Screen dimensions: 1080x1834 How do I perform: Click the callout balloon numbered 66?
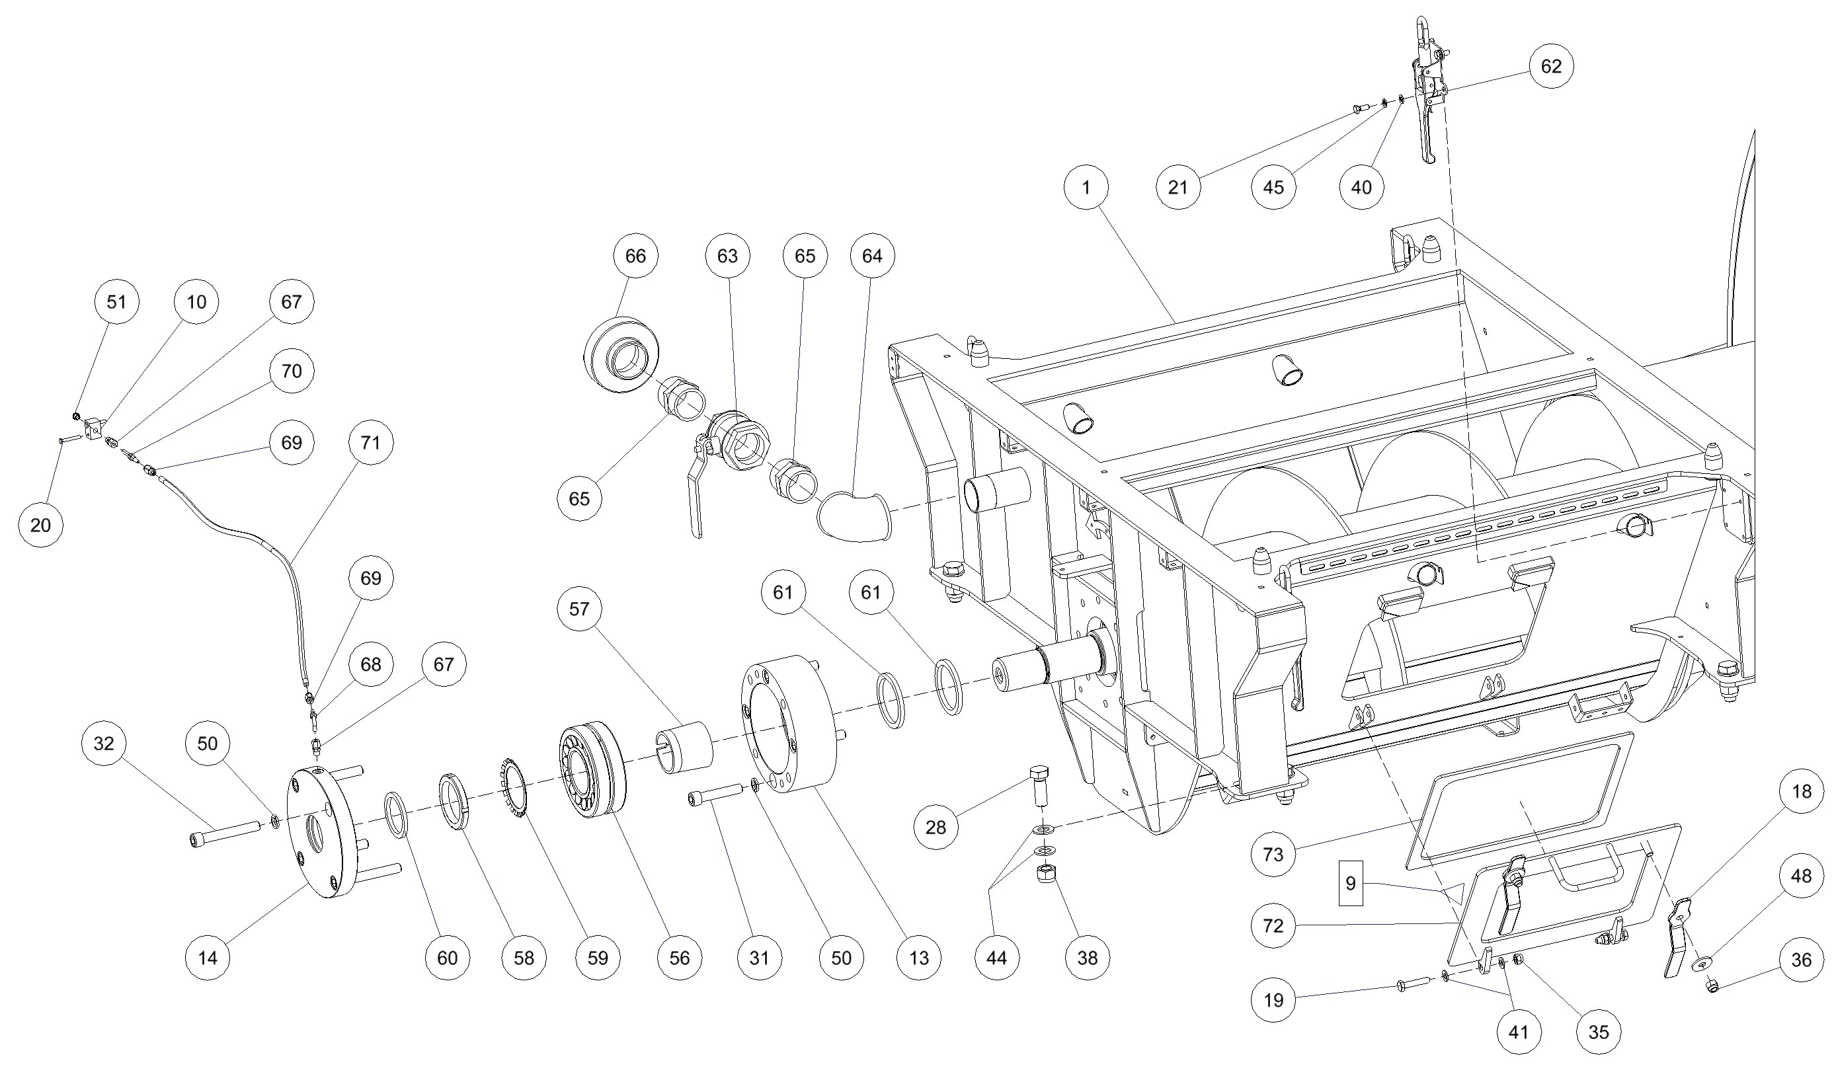pyautogui.click(x=635, y=256)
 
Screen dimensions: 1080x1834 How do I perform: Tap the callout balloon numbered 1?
pyautogui.click(x=1086, y=188)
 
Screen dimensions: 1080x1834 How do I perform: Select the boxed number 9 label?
pyautogui.click(x=1350, y=884)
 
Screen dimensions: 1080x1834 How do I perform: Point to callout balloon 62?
pyautogui.click(x=1551, y=66)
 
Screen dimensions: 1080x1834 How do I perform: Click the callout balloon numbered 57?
pyautogui.click(x=579, y=609)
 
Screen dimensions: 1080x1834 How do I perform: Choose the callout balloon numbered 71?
pyautogui.click(x=371, y=442)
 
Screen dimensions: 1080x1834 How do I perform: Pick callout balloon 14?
pyautogui.click(x=208, y=958)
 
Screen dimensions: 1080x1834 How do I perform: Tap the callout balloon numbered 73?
pyautogui.click(x=1273, y=855)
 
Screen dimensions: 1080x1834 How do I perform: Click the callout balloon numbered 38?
pyautogui.click(x=1088, y=958)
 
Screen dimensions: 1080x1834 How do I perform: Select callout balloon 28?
pyautogui.click(x=936, y=827)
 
